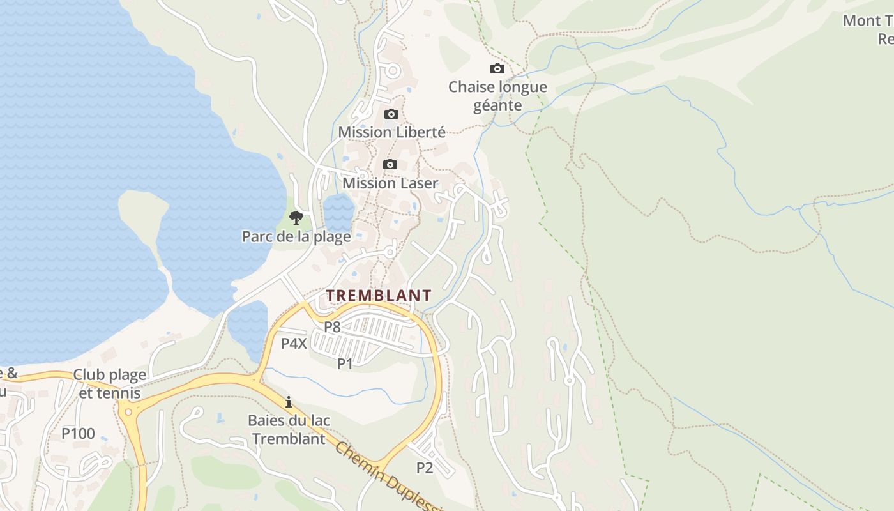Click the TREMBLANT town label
[379, 296]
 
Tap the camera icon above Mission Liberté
[391, 114]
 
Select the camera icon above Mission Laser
[390, 165]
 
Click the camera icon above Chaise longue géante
[497, 69]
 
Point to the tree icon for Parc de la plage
[296, 218]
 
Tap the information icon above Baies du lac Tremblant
[289, 402]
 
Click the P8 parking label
[332, 327]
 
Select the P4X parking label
[294, 344]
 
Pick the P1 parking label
[345, 363]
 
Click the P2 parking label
[425, 468]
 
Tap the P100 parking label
[78, 434]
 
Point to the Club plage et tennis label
[110, 383]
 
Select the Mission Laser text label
[390, 183]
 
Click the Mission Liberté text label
[391, 132]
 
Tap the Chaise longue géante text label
[497, 96]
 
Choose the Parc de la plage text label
[296, 236]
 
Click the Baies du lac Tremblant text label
[289, 429]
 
